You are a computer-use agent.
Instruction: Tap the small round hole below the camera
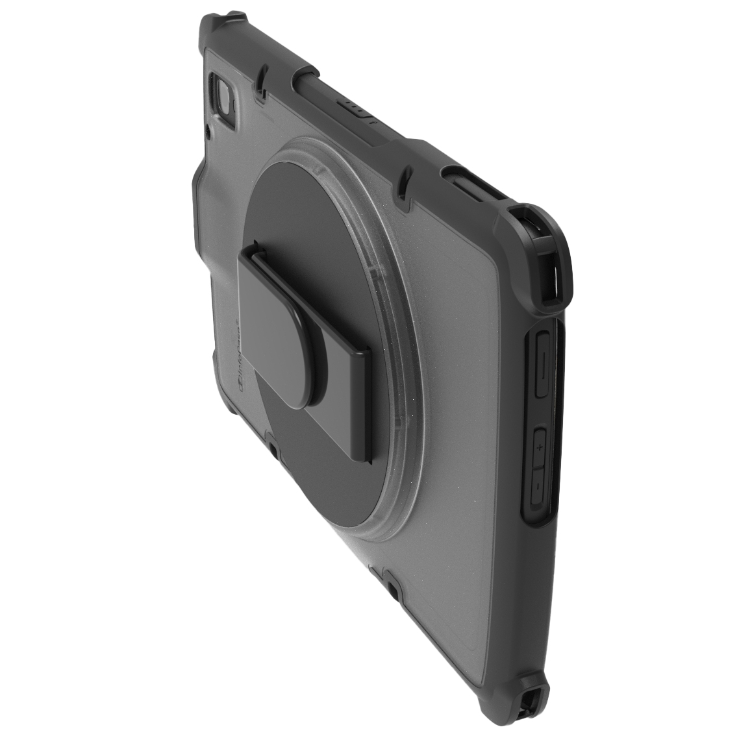[x=208, y=135]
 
